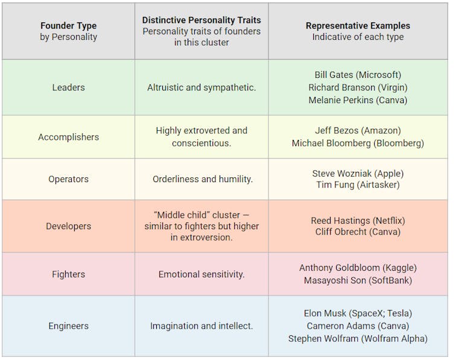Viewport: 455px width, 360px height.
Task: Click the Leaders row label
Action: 68,87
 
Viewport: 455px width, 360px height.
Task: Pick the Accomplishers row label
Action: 68,137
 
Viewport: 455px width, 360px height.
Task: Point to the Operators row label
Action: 68,179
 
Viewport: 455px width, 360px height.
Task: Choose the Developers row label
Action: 68,226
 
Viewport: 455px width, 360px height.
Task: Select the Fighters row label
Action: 68,274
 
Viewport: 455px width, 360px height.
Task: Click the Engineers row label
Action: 68,326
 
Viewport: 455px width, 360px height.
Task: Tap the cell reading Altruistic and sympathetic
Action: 202,87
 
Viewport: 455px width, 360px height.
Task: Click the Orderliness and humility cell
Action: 202,179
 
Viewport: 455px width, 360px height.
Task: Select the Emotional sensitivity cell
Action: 202,274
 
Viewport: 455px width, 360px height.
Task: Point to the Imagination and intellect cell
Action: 202,326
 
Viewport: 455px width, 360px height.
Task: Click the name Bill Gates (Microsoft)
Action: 358,75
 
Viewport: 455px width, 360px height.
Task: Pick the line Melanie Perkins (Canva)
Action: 358,100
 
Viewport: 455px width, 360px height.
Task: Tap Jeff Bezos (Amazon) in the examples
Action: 358,130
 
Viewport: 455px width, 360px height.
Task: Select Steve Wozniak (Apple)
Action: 358,173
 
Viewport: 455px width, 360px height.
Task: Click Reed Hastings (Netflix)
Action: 358,220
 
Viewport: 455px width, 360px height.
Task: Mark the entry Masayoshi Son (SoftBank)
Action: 358,280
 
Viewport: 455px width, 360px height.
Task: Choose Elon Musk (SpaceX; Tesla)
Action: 358,314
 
